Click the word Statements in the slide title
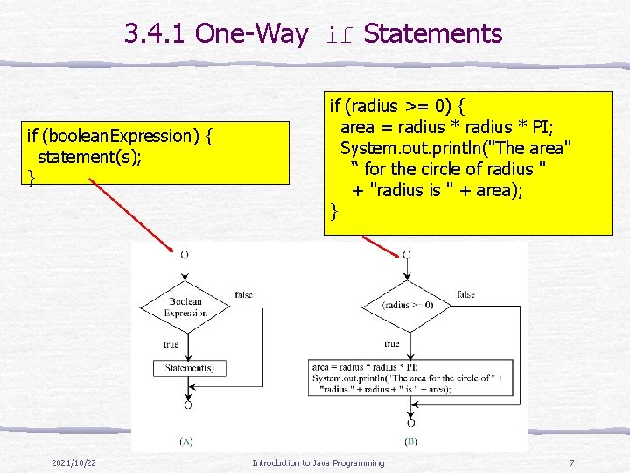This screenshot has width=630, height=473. click(432, 34)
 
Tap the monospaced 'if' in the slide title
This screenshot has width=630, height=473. click(341, 36)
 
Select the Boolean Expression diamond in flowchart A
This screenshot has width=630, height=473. click(185, 307)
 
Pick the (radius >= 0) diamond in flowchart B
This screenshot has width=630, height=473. click(405, 306)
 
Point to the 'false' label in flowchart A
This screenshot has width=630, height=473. click(244, 294)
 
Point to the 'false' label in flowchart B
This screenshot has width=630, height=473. click(465, 294)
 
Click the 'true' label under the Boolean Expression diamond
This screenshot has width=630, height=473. click(171, 344)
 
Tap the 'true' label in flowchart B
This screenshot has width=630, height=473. click(391, 344)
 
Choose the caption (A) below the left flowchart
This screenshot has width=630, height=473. click(185, 441)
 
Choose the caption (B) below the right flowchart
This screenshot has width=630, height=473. click(410, 441)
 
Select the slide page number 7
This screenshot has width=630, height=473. click(570, 462)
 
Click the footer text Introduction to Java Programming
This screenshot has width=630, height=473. click(318, 462)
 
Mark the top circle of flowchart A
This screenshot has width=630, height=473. click(184, 254)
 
